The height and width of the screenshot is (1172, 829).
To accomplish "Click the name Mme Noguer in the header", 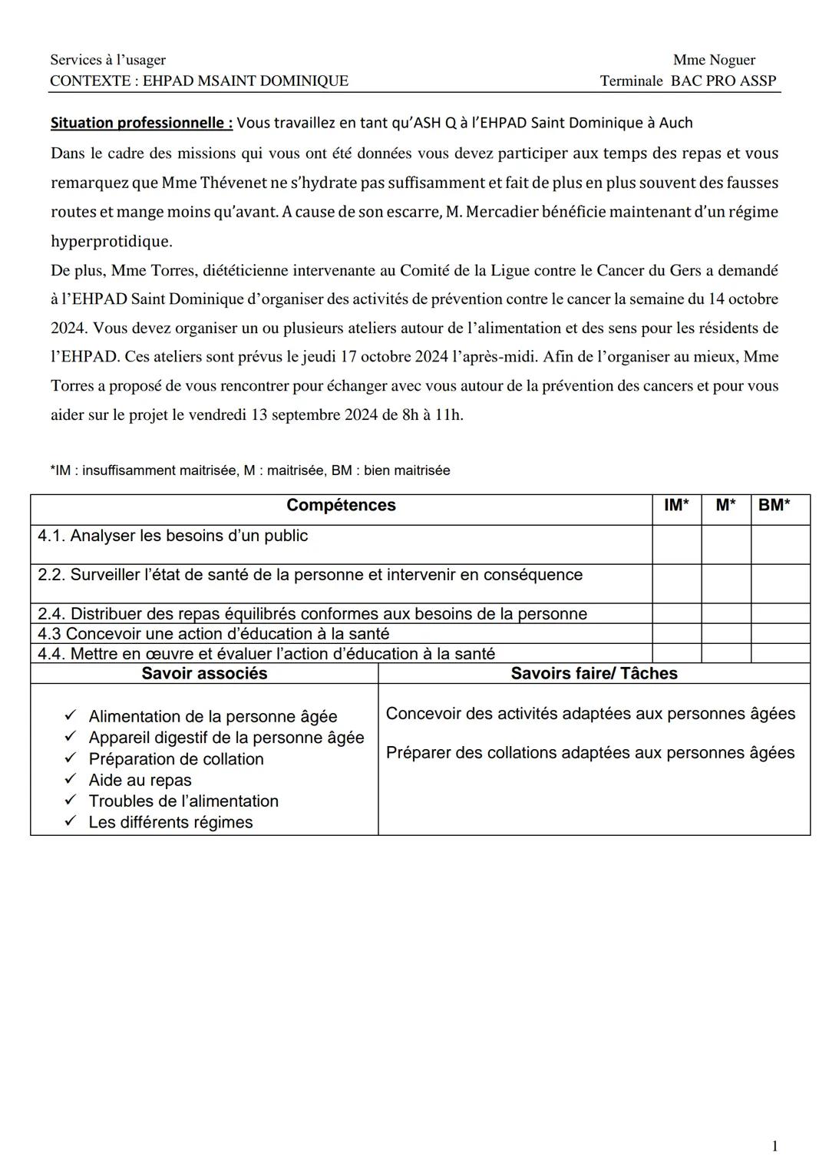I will pos(713,60).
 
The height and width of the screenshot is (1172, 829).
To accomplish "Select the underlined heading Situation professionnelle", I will pos(141,123).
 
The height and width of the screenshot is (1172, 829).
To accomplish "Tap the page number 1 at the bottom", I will pos(775,1146).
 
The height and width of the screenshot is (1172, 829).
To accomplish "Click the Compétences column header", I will pos(341,505).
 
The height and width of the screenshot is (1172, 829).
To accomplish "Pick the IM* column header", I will pos(676,505).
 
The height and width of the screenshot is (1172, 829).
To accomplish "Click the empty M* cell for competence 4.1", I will pos(725,544).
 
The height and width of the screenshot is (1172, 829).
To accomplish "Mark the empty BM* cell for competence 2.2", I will pos(780,583).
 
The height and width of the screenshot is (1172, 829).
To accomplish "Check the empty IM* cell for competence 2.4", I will pos(676,613).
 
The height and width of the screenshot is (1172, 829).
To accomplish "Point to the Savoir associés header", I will pos(204,674).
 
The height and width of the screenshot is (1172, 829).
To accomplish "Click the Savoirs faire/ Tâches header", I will pos(594,674).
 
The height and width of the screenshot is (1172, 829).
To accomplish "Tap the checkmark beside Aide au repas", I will pos(71,779).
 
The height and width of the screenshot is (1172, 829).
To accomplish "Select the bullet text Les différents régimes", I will pos(170,822).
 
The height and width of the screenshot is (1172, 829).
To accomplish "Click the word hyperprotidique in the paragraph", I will pos(111,242).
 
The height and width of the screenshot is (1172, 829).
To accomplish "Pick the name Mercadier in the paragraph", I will pos(501,213).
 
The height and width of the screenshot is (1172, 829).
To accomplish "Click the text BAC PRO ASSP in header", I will pos(723,81).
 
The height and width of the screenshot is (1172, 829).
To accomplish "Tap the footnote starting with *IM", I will pos(250,470).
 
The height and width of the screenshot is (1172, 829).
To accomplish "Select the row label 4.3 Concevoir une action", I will pos(213,634).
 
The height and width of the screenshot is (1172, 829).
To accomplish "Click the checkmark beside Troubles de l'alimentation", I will pos(71,800).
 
